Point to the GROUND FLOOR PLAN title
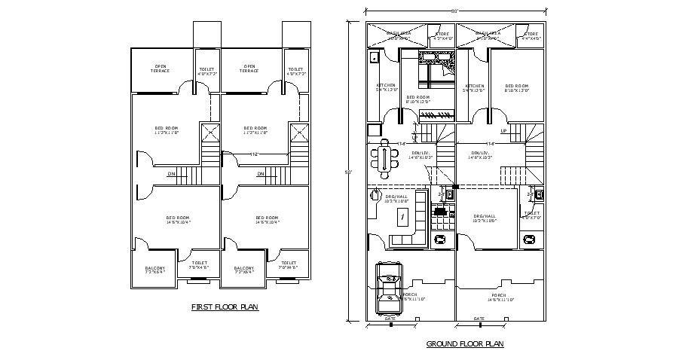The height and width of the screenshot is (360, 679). (464, 344)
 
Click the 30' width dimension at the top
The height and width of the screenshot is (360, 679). (455, 11)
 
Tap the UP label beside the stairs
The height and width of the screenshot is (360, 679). (503, 130)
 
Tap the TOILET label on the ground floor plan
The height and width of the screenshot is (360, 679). (531, 213)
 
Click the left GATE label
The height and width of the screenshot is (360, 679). (390, 319)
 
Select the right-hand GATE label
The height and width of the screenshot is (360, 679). (479, 319)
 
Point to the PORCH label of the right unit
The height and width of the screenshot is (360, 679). (499, 294)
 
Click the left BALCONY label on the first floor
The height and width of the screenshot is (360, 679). (154, 267)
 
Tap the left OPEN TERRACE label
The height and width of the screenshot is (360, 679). (160, 69)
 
